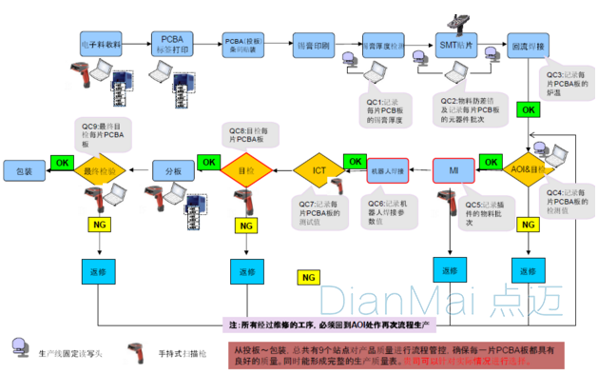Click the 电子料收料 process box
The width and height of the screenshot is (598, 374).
100,45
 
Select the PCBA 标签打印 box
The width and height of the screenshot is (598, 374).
171,44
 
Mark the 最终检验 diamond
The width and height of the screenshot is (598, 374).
100,170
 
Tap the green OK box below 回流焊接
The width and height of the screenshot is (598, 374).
527,109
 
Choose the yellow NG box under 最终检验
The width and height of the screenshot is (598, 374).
99,225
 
